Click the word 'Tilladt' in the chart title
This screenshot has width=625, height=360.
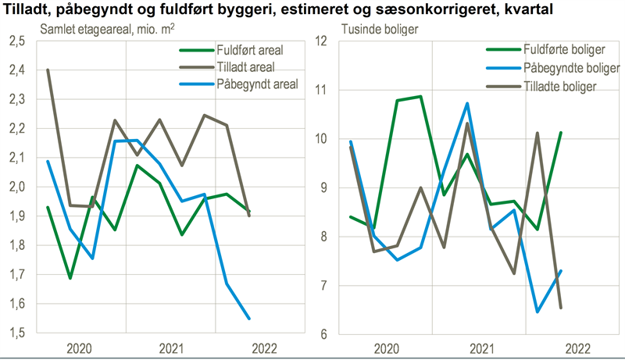pyautogui.click(x=27, y=11)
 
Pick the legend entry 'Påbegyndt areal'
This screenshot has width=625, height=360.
pyautogui.click(x=257, y=83)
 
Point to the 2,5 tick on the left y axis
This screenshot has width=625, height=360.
pyautogui.click(x=16, y=41)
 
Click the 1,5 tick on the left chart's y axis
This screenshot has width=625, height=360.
pyautogui.click(x=16, y=333)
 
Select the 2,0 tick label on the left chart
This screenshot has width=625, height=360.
pyautogui.click(x=16, y=187)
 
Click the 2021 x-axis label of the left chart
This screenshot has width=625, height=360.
pyautogui.click(x=171, y=348)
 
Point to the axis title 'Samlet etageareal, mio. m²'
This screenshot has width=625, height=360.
pyautogui.click(x=97, y=30)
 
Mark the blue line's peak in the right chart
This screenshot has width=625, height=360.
pyautogui.click(x=466, y=103)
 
